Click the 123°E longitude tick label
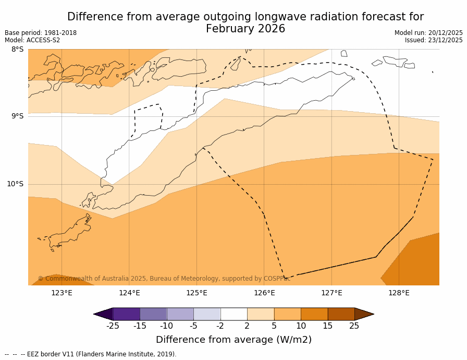62,293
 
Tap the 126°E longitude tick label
264,293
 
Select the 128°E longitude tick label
399,293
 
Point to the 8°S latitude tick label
17,50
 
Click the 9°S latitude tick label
17,116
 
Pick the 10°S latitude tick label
15,184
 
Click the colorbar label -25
113,326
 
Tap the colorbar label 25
354,326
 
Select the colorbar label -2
220,326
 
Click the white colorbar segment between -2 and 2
233,314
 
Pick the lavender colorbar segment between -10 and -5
180,314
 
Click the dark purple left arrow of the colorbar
104,314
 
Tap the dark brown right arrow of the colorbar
364,314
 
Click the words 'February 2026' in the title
245,29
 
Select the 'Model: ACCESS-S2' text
32,40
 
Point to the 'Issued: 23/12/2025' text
434,40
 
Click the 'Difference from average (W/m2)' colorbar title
233,340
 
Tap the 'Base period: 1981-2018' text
41,33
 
